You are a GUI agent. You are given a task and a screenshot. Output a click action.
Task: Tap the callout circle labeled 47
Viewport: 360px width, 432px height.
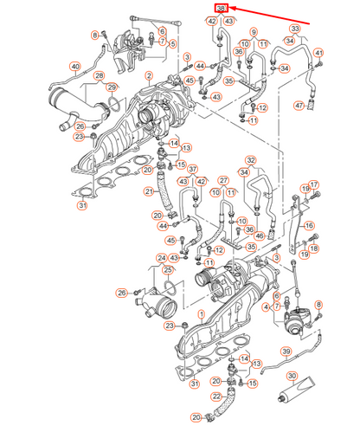299,106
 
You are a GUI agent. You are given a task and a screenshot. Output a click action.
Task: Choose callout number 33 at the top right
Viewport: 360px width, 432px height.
295,29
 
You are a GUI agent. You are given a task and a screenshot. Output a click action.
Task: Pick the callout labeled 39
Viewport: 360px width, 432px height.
285,351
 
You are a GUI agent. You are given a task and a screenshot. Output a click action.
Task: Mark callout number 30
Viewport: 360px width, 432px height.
292,377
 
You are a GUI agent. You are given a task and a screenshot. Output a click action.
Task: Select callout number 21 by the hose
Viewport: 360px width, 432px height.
149,191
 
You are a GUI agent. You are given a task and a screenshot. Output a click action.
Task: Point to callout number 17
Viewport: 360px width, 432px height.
314,184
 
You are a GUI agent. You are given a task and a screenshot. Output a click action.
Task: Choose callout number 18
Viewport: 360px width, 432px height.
314,248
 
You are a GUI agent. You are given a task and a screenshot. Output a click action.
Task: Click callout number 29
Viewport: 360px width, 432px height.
112,87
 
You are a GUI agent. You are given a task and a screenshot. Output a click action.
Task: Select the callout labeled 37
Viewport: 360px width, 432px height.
193,170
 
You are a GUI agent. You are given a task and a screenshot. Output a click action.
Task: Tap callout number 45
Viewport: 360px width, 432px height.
170,241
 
